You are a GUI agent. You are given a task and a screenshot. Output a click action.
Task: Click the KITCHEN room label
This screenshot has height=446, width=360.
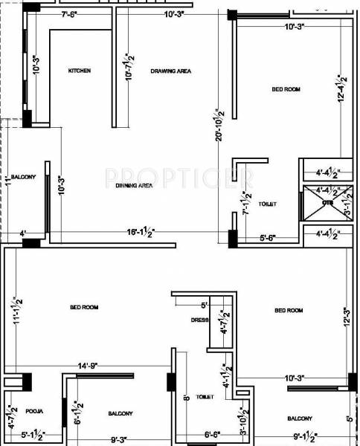coord(79,71)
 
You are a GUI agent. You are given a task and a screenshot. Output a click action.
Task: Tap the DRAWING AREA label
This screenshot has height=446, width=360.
coord(171,71)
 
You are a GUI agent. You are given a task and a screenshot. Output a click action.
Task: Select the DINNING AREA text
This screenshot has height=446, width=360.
coord(134,186)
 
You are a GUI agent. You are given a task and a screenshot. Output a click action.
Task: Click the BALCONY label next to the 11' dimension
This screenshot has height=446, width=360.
coord(23,176)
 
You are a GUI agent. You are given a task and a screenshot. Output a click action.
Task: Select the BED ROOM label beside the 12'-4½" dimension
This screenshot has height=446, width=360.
coord(286,89)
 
